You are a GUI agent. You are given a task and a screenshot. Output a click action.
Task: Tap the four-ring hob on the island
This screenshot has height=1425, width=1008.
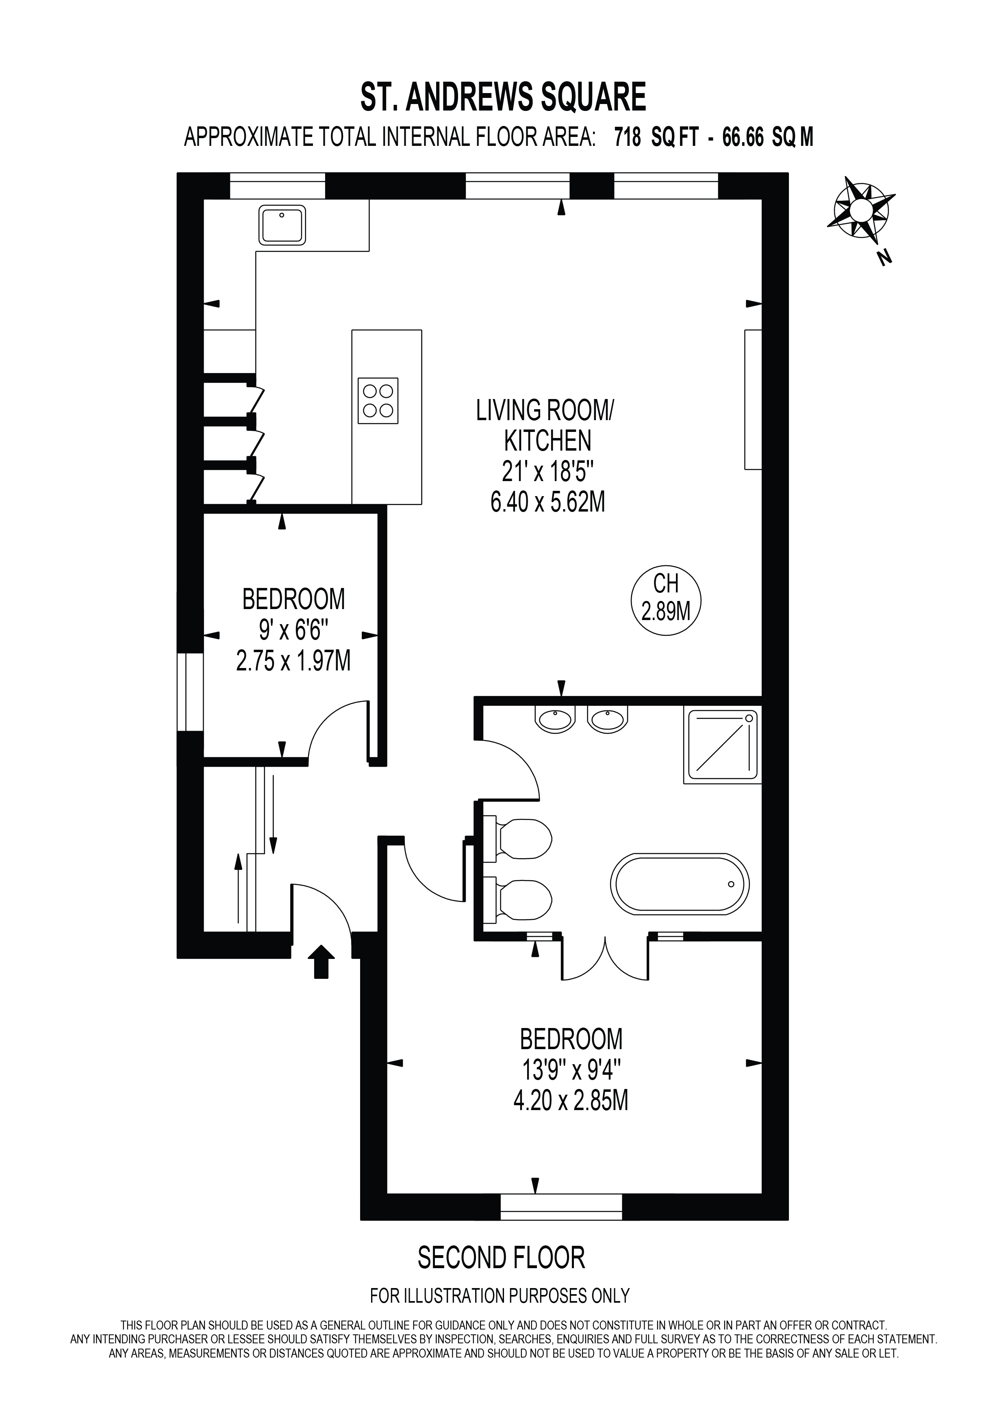tap(378, 400)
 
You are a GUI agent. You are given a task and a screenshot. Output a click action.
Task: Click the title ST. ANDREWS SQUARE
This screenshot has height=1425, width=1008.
tap(503, 98)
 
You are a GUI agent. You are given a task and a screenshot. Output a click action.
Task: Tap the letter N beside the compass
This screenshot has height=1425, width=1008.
tap(884, 257)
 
